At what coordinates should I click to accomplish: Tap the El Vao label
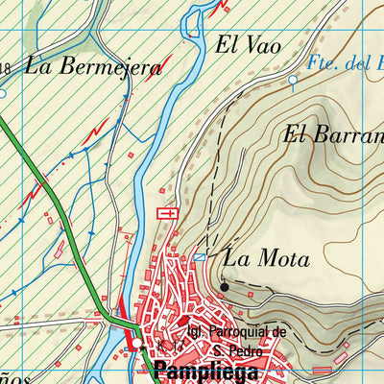pos(239,44)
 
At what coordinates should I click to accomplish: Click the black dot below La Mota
pos(224,285)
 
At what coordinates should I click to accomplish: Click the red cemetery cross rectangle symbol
pos(167,212)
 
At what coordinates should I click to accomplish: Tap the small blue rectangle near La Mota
pos(199,257)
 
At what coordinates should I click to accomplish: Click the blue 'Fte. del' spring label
pos(346,64)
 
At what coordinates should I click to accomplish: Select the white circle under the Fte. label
pos(293,81)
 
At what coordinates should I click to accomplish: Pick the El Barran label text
pos(332,135)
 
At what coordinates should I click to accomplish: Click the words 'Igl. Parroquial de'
pos(237,332)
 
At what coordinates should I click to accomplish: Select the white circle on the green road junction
pos(137,343)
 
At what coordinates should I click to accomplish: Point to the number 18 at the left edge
pos(6,66)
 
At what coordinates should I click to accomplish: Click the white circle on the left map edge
pos(3,94)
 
